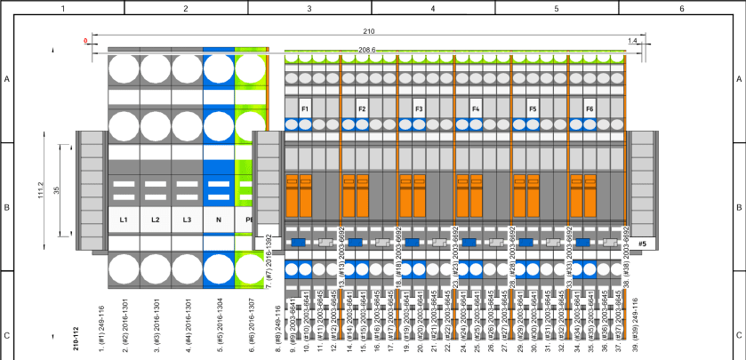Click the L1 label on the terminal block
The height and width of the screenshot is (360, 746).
(124, 219)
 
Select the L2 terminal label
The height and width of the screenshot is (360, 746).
(155, 219)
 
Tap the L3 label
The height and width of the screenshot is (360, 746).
(187, 219)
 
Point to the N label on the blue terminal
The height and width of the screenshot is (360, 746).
(218, 219)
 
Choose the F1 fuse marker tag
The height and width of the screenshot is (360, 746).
(305, 108)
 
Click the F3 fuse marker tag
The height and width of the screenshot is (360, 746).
(419, 108)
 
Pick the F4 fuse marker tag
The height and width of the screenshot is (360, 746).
(476, 108)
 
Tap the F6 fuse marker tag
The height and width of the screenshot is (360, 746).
(590, 108)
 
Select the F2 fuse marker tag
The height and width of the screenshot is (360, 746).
(362, 108)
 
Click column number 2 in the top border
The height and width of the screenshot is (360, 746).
(186, 7)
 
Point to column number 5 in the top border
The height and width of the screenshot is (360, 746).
(556, 7)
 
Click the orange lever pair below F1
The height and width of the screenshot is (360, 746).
(299, 194)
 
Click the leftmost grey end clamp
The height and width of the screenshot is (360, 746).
(90, 190)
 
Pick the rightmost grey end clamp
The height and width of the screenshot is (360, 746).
(643, 190)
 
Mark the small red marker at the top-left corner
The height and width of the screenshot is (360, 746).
(85, 41)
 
